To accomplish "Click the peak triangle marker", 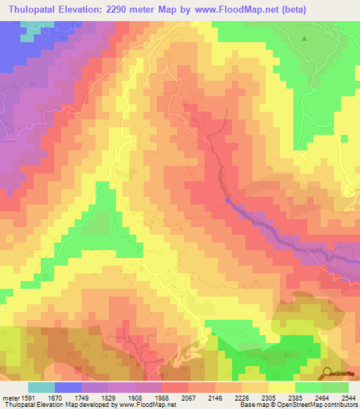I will pos(304,39).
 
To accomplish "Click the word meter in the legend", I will pos(10,397).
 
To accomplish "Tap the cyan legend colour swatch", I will pos(41,387).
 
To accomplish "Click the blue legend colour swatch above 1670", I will pos(68,387).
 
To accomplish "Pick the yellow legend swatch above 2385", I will pos(282,387).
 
